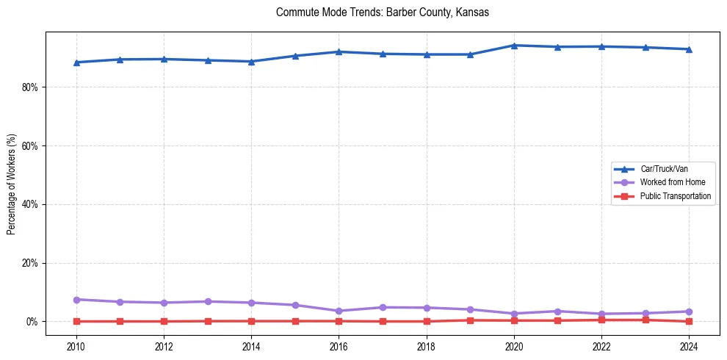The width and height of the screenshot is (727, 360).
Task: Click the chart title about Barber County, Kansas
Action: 382,12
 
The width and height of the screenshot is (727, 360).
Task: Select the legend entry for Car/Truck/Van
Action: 663,169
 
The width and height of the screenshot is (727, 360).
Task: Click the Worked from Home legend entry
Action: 668,182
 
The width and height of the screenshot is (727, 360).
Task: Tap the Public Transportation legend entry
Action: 675,196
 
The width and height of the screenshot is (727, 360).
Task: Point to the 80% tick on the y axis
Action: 29,87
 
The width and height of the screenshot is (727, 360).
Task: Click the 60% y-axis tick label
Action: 29,145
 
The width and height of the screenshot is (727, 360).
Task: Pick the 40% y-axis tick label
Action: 29,204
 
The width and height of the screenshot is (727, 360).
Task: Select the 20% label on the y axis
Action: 29,263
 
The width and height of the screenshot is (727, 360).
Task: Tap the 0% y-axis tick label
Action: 32,322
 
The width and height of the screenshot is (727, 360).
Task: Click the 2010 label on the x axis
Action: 76,346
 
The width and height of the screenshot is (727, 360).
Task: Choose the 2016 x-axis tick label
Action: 339,346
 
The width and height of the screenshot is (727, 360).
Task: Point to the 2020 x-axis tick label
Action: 514,346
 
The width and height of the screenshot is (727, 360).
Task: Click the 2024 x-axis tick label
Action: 689,346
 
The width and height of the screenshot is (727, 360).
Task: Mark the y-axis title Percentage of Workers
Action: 12,180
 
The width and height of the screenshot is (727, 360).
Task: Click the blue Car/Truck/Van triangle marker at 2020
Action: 514,46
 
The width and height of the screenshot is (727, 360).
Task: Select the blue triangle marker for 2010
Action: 76,62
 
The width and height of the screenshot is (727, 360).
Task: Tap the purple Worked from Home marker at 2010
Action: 76,300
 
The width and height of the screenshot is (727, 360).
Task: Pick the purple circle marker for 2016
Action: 339,311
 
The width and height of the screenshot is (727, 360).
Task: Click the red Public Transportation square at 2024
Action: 689,321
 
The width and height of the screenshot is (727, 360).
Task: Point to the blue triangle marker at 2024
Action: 689,49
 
